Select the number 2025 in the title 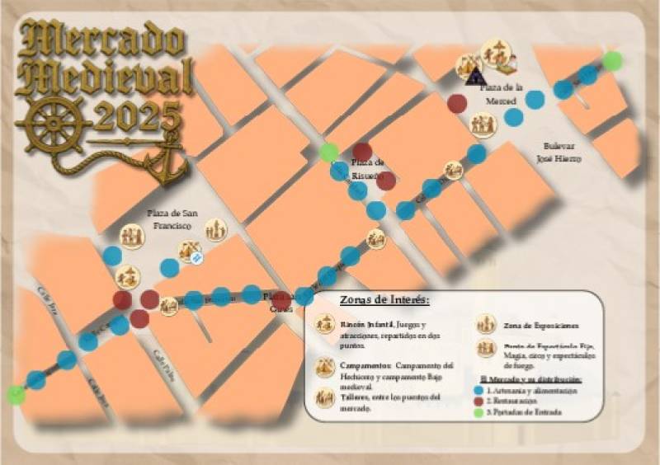pos(137,118)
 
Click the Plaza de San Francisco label pos(170,219)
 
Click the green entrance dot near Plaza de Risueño pos(329,152)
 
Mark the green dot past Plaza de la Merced pos(612,60)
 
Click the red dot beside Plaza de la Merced pos(457,104)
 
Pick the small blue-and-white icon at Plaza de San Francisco pos(197,258)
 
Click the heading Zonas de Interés pos(384,300)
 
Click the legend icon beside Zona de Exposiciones pos(485,325)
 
